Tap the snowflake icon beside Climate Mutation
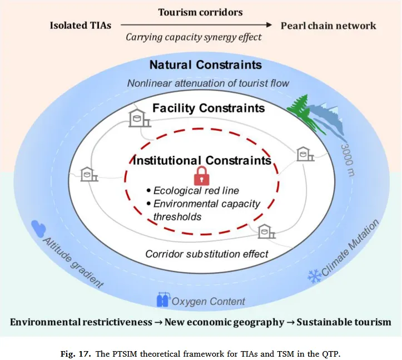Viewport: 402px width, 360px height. click(314, 275)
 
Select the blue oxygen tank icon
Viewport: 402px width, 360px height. click(163, 299)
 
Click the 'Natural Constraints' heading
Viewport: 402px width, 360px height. click(205, 65)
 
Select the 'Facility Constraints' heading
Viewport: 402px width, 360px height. click(209, 107)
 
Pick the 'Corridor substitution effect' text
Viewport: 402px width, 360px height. click(207, 254)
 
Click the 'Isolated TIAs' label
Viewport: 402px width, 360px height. click(81, 25)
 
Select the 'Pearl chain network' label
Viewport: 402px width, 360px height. click(328, 25)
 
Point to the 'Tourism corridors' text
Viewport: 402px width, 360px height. click(201, 12)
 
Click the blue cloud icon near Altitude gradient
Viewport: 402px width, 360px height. click(39, 228)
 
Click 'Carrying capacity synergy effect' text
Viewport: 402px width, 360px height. click(193, 38)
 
